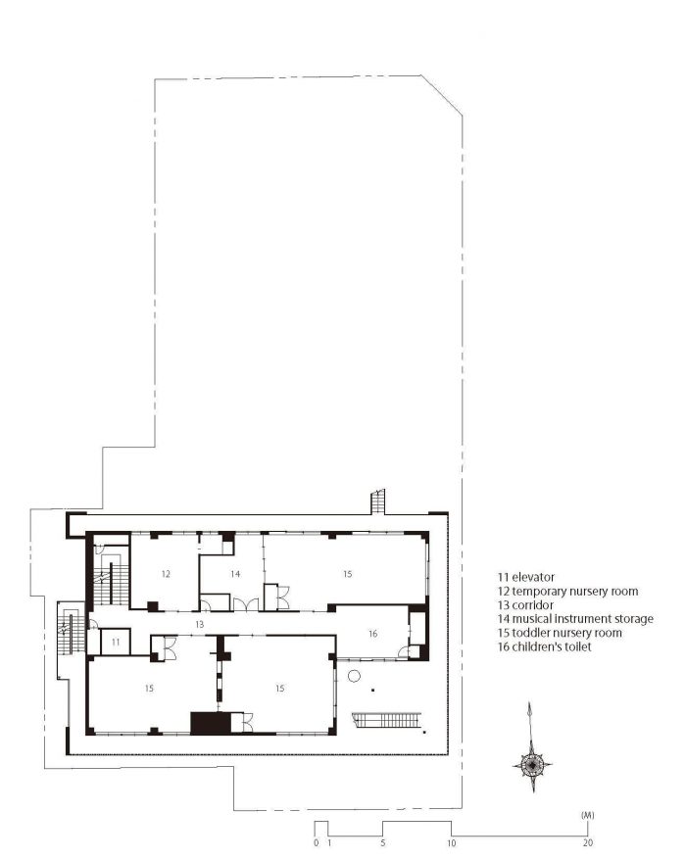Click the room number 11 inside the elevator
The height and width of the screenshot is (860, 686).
click(x=116, y=642)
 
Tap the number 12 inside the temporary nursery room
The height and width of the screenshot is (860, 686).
click(x=166, y=574)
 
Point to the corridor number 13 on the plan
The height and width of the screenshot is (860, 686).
click(x=199, y=624)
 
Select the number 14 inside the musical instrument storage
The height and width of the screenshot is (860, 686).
click(x=235, y=574)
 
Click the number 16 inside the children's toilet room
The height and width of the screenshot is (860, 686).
click(x=373, y=634)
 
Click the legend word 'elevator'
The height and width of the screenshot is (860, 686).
click(x=533, y=577)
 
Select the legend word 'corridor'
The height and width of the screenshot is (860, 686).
click(x=532, y=605)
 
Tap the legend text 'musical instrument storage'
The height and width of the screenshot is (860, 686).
click(x=582, y=619)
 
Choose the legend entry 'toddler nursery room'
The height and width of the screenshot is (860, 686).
click(x=566, y=633)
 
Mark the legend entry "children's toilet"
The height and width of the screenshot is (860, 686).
click(x=552, y=646)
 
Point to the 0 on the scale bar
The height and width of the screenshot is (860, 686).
click(x=317, y=843)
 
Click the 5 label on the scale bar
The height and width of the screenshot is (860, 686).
click(x=383, y=843)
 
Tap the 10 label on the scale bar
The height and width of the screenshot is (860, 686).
click(x=451, y=843)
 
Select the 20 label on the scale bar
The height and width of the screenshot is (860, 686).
click(x=588, y=843)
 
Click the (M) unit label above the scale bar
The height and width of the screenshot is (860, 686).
click(x=587, y=816)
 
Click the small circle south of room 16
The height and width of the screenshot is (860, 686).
click(x=354, y=676)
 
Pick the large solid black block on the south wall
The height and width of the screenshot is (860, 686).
click(x=211, y=723)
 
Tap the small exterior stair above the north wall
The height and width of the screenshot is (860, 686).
click(x=378, y=502)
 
